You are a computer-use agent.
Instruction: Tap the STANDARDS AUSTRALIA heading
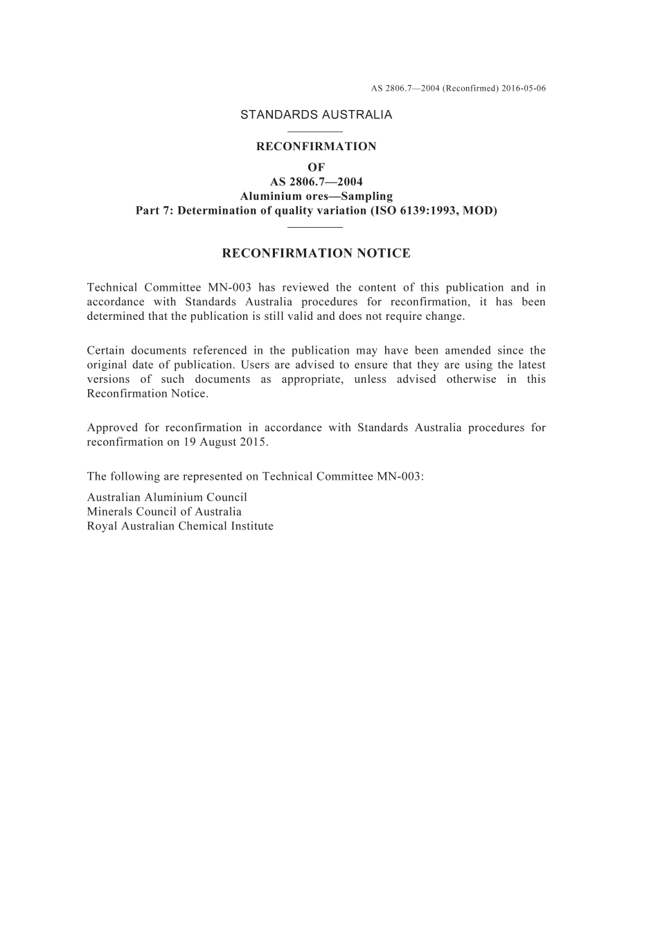pos(316,115)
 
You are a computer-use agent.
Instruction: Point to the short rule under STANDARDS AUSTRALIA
pos(314,132)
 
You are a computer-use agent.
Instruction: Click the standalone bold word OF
pos(316,167)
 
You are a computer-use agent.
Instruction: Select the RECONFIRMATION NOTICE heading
pos(316,253)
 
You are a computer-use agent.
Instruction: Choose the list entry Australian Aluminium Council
pos(167,497)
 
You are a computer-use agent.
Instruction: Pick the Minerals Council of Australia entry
pos(164,512)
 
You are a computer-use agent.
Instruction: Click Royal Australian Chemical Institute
pos(180,526)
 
